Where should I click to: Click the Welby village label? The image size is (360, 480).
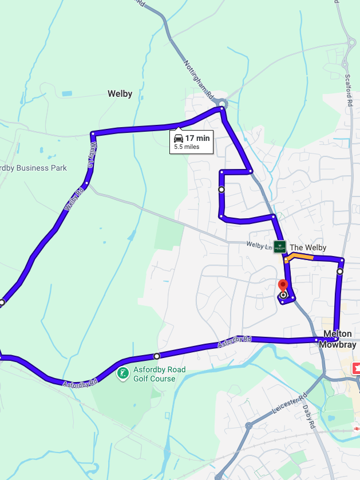(x=120, y=94)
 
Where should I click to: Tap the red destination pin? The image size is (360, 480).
(x=282, y=286)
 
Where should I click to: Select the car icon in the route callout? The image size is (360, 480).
(x=179, y=139)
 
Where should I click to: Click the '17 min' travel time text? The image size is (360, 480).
(x=197, y=138)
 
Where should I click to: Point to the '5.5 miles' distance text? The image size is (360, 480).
(x=187, y=147)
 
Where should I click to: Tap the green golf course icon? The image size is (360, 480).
(x=122, y=374)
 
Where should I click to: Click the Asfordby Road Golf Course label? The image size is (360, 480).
(x=160, y=374)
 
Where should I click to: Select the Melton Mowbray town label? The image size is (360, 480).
(x=337, y=339)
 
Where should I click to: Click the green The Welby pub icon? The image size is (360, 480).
(x=280, y=247)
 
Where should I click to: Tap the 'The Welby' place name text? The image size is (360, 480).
(x=308, y=247)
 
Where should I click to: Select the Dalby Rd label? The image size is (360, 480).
(x=310, y=417)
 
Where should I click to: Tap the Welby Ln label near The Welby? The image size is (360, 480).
(x=259, y=245)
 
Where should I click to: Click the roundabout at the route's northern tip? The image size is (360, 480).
(x=222, y=104)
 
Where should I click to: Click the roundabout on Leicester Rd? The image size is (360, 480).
(x=248, y=426)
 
